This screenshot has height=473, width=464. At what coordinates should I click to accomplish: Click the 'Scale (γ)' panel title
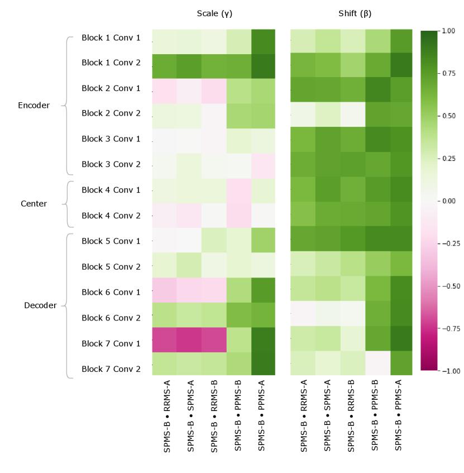[x=214, y=13]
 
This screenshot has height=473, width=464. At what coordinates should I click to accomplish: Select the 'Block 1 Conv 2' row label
[x=111, y=63]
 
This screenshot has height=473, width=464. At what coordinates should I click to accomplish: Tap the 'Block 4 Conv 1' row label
[x=111, y=190]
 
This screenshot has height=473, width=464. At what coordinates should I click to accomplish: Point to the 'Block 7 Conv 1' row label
[x=111, y=343]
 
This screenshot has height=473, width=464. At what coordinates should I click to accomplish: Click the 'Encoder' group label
[x=34, y=105]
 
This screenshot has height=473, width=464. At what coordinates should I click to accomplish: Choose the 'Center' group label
[x=34, y=204]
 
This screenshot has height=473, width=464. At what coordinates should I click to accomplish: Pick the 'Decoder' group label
[x=40, y=305]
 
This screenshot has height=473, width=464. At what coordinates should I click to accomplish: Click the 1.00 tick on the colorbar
[x=448, y=31]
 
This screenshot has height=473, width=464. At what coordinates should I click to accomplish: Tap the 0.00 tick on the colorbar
[x=448, y=200]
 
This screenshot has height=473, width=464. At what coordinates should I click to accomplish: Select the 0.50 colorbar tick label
[x=448, y=116]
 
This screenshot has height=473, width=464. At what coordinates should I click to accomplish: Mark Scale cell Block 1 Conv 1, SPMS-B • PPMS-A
[x=264, y=41]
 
